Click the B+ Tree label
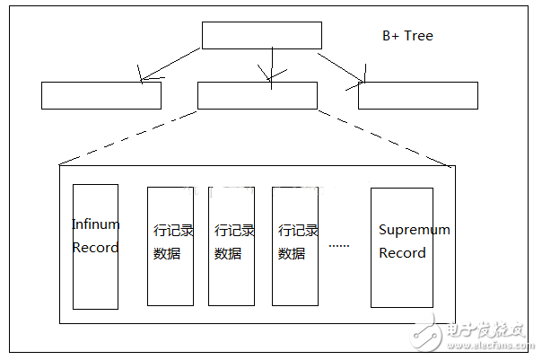click(407, 36)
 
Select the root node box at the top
click(261, 35)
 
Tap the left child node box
click(101, 95)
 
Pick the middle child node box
click(257, 95)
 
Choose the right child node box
click(417, 95)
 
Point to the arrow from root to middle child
click(268, 66)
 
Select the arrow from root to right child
click(342, 66)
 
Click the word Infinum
click(95, 224)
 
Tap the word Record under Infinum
click(95, 247)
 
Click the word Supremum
click(414, 230)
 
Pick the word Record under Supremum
click(402, 252)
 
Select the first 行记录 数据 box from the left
click(170, 245)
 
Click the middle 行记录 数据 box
click(232, 245)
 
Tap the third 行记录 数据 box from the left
click(295, 245)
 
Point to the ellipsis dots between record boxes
click(338, 244)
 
